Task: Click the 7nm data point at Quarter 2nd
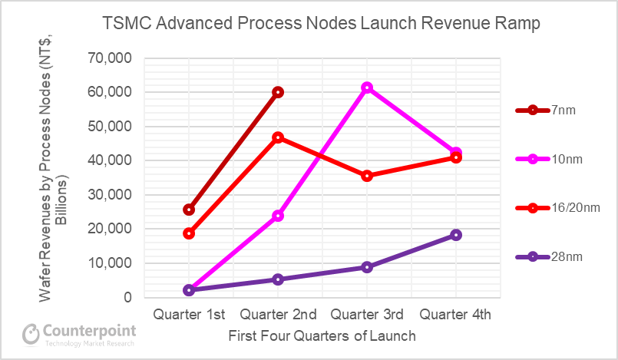point(278,92)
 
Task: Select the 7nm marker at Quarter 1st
point(189,210)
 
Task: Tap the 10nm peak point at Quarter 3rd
point(367,88)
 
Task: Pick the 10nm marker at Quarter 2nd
point(278,216)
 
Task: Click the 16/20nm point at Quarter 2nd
point(278,137)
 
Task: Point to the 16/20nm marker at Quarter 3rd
point(367,176)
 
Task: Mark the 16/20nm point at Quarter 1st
point(189,233)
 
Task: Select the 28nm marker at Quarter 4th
point(456,235)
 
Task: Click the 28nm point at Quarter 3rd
point(367,267)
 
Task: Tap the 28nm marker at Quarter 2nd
point(278,279)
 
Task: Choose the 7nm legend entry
point(545,111)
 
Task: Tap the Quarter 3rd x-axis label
point(367,314)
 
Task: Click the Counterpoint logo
point(79,334)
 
